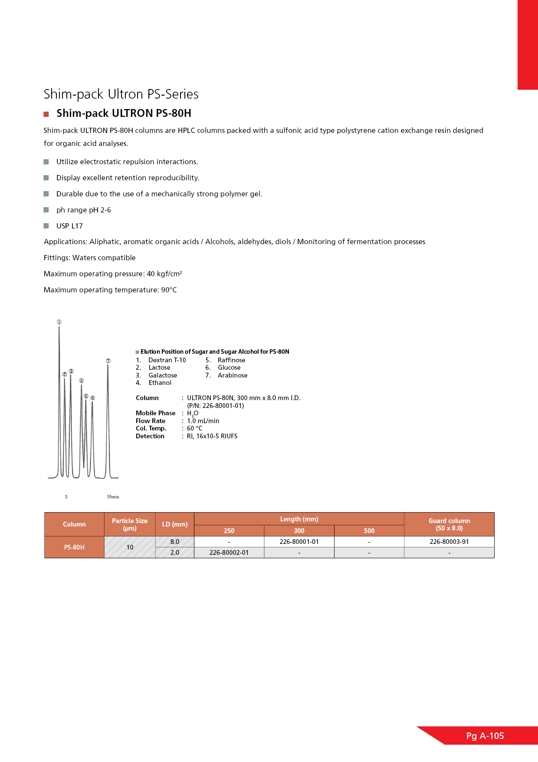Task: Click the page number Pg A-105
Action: pos(485,736)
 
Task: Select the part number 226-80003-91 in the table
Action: pos(449,542)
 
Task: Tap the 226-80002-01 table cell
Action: pos(229,553)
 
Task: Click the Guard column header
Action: pos(449,524)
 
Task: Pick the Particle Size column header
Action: pos(129,524)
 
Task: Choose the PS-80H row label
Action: pos(74,547)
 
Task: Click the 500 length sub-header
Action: pos(369,531)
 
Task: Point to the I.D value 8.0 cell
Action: pos(174,542)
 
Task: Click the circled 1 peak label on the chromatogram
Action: pos(59,322)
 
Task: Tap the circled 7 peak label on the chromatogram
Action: pos(108,361)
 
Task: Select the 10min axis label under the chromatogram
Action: pos(113,497)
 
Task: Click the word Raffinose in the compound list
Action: pos(231,360)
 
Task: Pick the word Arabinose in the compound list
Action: pos(233,375)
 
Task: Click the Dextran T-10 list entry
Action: pos(167,360)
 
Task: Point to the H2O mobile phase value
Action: pos(193,414)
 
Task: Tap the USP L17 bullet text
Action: pos(69,226)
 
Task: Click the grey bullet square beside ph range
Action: pos(46,210)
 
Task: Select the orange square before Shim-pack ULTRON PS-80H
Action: pos(46,114)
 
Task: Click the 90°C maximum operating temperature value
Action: pos(169,290)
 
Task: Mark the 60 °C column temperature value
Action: pos(194,428)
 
